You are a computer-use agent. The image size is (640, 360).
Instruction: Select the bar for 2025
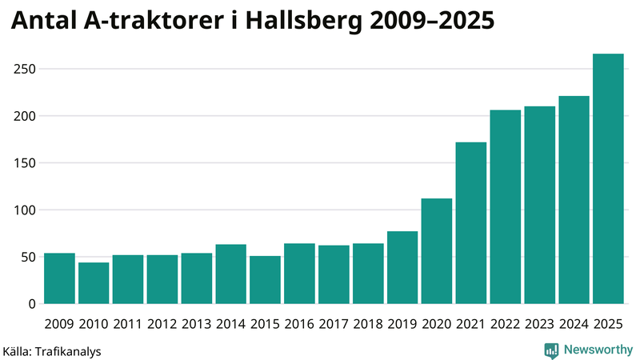(608, 179)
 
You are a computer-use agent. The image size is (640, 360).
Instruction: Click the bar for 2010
(94, 283)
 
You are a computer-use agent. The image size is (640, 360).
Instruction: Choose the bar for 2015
(265, 280)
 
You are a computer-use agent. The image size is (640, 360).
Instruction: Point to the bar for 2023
(539, 206)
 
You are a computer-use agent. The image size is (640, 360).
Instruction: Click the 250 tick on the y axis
(25, 69)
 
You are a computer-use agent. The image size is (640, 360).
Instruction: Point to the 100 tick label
(25, 210)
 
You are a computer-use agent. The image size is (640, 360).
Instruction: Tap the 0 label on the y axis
(32, 304)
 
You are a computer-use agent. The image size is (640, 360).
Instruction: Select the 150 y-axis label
(25, 163)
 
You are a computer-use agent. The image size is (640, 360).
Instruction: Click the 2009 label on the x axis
(59, 323)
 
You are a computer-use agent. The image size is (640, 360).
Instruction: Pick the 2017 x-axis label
(334, 323)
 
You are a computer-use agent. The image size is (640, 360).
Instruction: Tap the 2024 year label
(574, 323)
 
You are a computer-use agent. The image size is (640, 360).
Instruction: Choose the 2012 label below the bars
(162, 323)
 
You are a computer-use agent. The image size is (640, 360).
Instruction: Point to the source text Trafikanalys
(67, 350)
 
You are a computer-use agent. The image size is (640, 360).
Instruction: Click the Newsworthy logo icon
(551, 350)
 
